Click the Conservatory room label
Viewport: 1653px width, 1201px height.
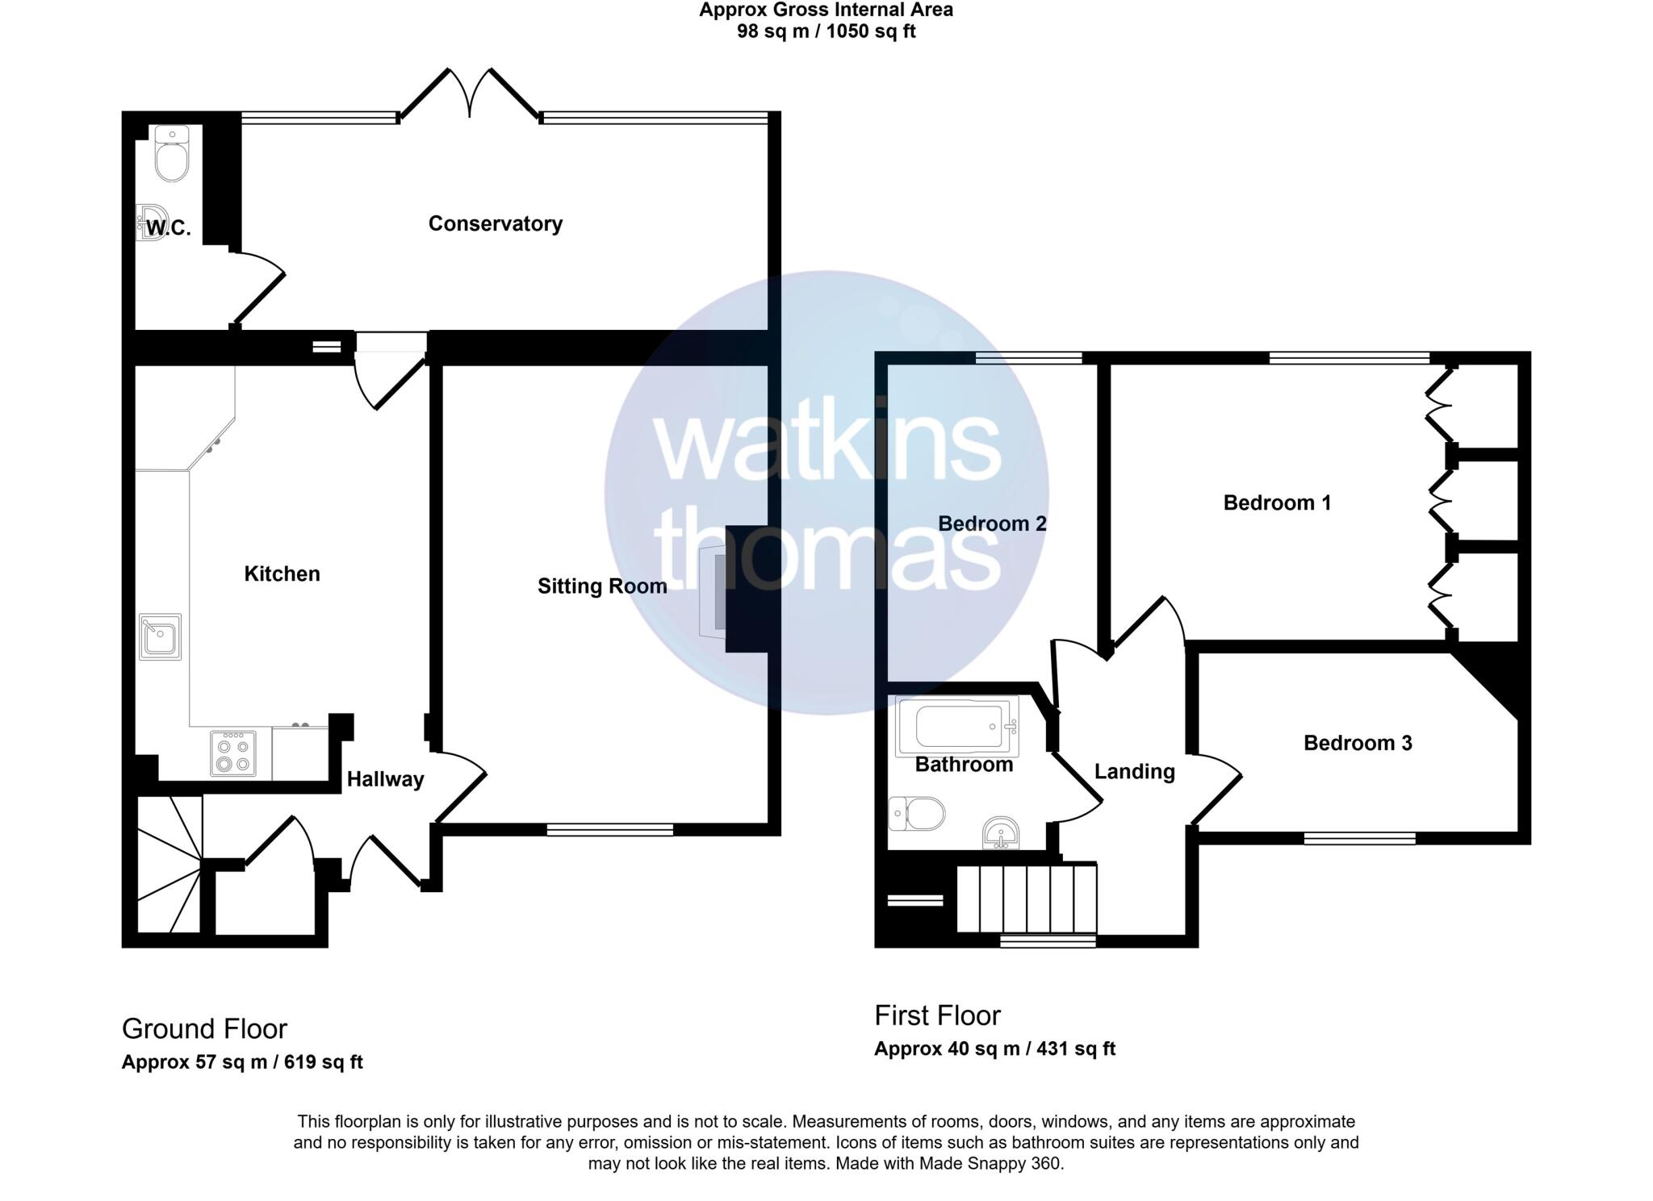[x=495, y=223]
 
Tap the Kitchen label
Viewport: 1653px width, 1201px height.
[x=282, y=573]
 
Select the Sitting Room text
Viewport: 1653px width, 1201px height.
[x=602, y=586]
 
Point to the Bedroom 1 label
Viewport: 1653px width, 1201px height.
[x=1276, y=503]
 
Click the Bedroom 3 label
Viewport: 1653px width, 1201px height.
[x=1358, y=743]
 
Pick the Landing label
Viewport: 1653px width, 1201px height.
[x=1134, y=772]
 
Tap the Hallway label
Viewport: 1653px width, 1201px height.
[x=385, y=779]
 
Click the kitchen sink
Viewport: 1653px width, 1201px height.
[x=160, y=637]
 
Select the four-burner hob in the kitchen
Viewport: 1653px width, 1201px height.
[x=233, y=753]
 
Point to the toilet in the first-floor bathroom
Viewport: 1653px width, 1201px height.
[x=919, y=814]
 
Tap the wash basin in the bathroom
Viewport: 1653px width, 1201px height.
[x=1001, y=832]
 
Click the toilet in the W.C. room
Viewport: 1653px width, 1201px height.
[x=171, y=155]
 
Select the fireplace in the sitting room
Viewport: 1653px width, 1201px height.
[x=714, y=589]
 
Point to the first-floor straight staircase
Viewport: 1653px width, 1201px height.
[x=1027, y=898]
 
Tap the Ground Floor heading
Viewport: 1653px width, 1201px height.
[x=204, y=1029]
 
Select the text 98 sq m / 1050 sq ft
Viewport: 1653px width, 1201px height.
[x=826, y=32]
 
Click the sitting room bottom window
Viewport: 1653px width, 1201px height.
[x=610, y=829]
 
